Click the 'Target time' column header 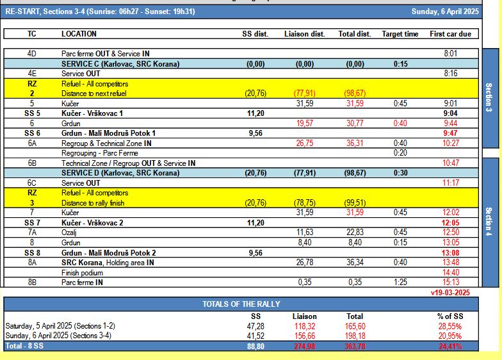(400, 34)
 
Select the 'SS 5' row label (32, 113)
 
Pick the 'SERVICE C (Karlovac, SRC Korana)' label (120, 64)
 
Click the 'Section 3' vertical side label (489, 98)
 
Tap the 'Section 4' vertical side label (489, 222)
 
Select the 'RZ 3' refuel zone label (32, 198)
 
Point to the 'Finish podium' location (79, 272)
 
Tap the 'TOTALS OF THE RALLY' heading (241, 304)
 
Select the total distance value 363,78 (354, 347)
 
